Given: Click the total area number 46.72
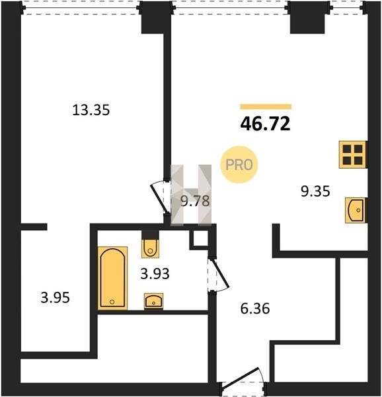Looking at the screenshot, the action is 265,124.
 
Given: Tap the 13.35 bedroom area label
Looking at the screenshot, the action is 91,110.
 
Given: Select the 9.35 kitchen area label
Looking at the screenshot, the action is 315,191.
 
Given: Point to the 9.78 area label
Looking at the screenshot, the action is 195,201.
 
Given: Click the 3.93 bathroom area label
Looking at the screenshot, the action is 155,274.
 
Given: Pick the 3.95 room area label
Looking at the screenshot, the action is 55,298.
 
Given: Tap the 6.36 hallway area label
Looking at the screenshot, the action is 255,308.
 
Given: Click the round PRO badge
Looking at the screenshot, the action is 239,165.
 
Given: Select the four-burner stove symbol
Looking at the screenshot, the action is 353,154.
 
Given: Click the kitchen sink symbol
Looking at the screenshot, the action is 356,210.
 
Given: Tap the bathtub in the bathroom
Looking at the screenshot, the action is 113,278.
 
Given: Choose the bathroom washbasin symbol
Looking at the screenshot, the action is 154,301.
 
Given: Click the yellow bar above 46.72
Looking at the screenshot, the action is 266,107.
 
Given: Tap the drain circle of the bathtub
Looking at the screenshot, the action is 112,302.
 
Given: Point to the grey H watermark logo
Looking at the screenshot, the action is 191,195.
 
